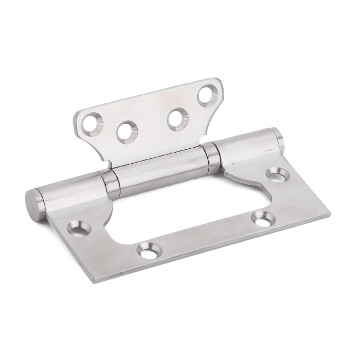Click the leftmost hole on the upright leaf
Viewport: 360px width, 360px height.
tap(91, 123)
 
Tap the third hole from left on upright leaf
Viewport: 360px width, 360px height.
tap(178, 118)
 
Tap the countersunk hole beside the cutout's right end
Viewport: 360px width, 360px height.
tap(262, 218)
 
